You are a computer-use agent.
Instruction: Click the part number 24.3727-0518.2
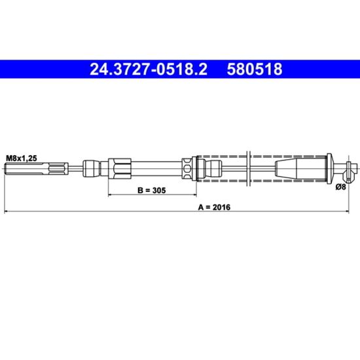click(149, 69)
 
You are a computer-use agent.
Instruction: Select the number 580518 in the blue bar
click(255, 69)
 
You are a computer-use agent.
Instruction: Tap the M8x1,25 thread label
click(22, 158)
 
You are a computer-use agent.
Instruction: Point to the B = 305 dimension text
click(152, 190)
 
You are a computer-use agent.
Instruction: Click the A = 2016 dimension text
click(214, 207)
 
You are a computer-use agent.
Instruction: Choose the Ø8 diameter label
click(340, 187)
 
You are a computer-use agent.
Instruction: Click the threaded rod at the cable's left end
click(37, 169)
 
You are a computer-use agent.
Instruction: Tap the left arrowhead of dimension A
click(7, 211)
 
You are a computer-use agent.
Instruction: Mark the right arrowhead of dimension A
click(346, 211)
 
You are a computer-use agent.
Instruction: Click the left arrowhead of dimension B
click(110, 195)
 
